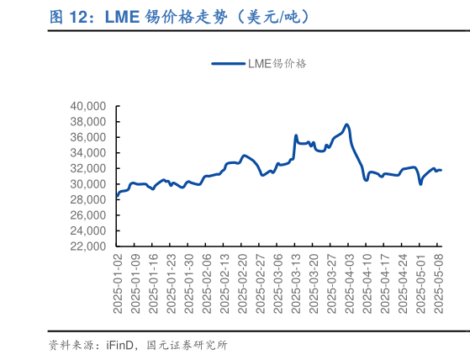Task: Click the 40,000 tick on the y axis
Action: (87, 107)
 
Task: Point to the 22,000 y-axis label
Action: (87, 246)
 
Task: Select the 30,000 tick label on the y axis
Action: (87, 184)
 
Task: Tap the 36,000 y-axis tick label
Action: (87, 138)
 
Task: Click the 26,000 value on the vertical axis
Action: (87, 215)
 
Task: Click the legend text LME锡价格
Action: (277, 63)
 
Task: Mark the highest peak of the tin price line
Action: (346, 124)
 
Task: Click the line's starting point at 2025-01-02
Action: (117, 198)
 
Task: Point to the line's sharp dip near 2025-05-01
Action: (420, 183)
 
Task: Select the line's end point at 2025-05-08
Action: (441, 170)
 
